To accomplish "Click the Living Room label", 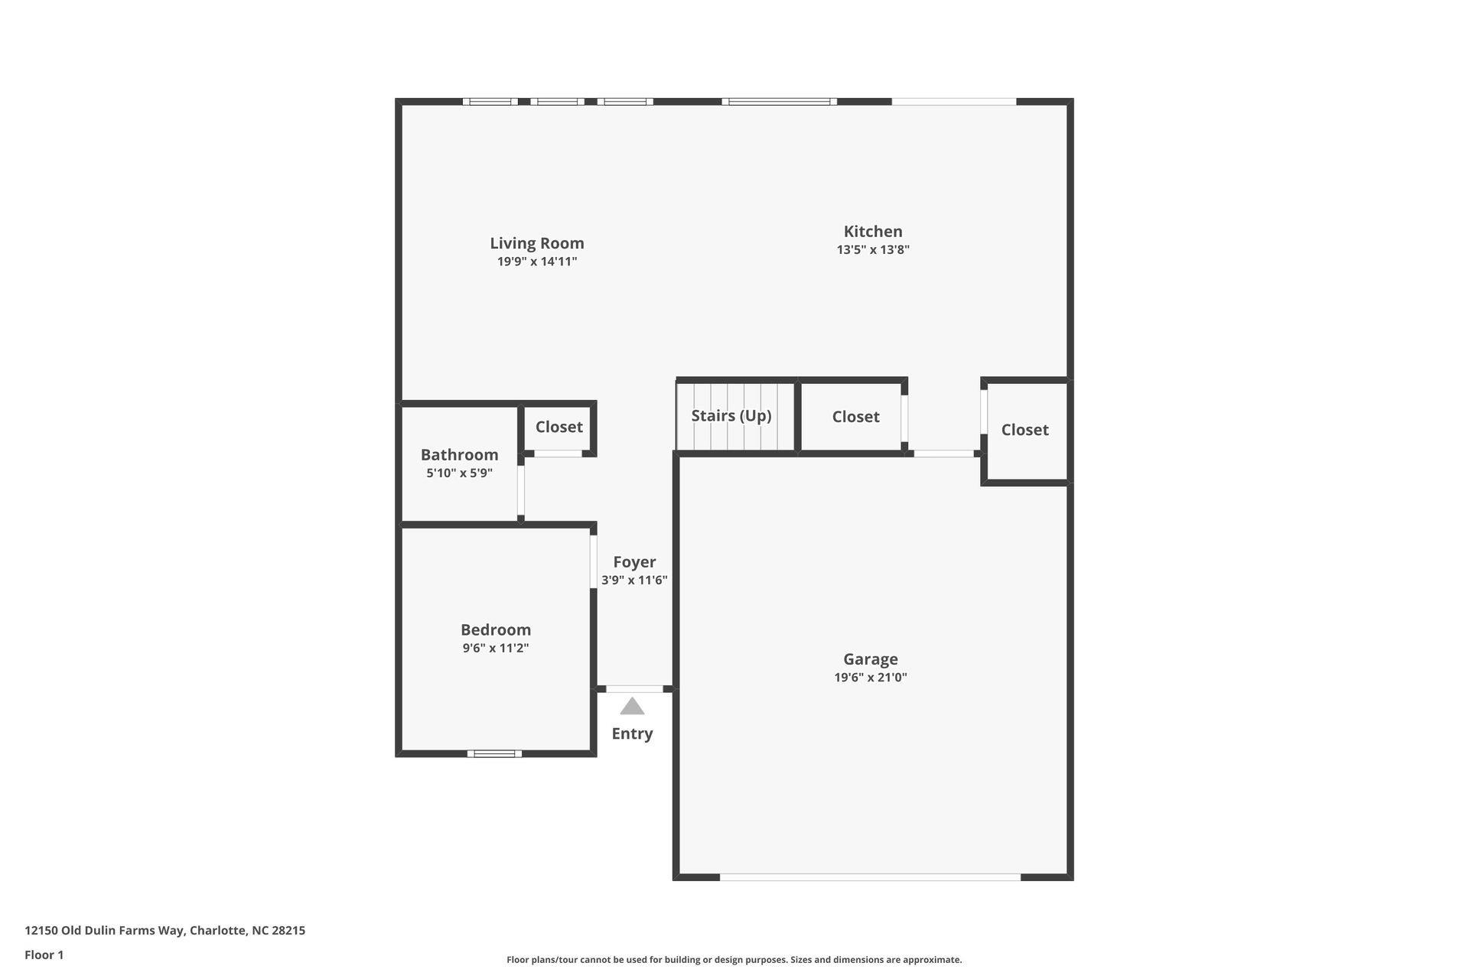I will click(536, 243).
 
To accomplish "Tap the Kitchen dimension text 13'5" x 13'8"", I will click(872, 249).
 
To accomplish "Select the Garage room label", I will click(870, 659).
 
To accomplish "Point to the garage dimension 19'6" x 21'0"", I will click(870, 677).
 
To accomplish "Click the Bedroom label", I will click(495, 629).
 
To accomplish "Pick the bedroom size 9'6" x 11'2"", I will click(495, 648).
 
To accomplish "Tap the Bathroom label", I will click(459, 454).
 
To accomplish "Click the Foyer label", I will click(634, 561).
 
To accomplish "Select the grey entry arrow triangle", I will click(632, 707).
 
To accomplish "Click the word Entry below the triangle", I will click(632, 733).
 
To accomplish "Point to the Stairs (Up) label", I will click(731, 415).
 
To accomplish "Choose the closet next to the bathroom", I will click(559, 427).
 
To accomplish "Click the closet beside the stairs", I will click(855, 417).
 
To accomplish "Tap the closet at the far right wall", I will click(1024, 430).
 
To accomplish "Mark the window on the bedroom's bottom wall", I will click(494, 753).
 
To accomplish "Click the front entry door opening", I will click(634, 689).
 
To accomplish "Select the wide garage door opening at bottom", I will click(870, 877).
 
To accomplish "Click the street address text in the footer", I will click(164, 931).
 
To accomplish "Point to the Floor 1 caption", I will click(44, 955).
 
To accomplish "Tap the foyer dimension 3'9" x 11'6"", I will click(634, 580).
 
